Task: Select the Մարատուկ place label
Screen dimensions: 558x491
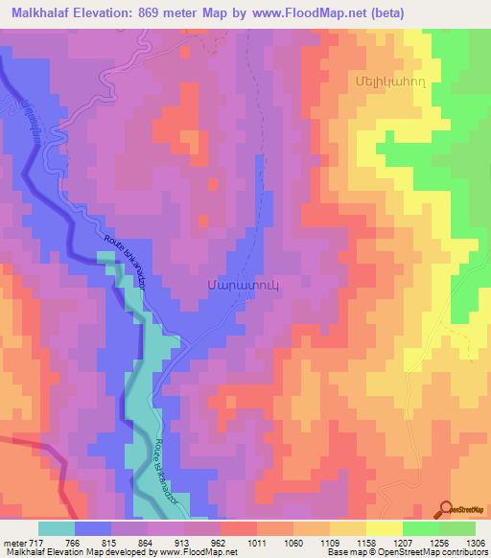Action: click(236, 285)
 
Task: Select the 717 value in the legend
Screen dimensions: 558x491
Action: click(31, 542)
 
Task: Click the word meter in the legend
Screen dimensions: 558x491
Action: click(12, 542)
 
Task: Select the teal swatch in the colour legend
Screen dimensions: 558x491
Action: click(56, 528)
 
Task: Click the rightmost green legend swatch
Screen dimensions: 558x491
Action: click(457, 528)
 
